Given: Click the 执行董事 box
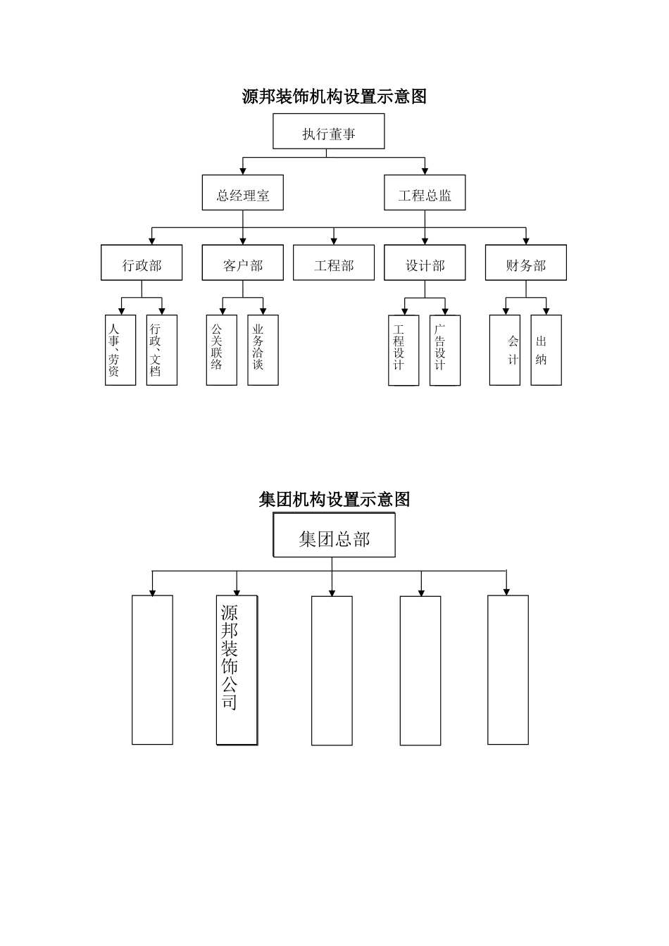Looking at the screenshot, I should [328, 132].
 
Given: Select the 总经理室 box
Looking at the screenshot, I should [242, 193].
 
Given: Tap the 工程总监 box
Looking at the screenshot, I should [425, 193].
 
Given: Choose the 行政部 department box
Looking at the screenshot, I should [142, 263].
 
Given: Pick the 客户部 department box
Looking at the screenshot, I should [242, 263].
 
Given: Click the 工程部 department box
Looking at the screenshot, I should [334, 263].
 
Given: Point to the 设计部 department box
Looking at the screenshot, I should [425, 263].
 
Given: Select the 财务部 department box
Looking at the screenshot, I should [525, 263].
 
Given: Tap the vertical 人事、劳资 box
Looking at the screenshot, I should [120, 350].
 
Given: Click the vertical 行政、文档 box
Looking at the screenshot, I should [161, 350].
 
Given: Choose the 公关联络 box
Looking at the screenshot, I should [221, 350].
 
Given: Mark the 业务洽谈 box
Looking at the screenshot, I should [263, 350].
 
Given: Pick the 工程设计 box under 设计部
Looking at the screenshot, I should [404, 350].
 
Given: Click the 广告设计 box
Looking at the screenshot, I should [444, 350].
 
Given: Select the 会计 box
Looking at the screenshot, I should [505, 350].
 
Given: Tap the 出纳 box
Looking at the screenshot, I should [546, 350].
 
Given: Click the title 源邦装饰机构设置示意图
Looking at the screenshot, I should [334, 96].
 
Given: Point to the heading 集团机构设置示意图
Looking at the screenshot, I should [334, 500].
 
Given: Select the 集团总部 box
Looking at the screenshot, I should [334, 536].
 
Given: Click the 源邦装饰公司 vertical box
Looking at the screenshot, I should [237, 669].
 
